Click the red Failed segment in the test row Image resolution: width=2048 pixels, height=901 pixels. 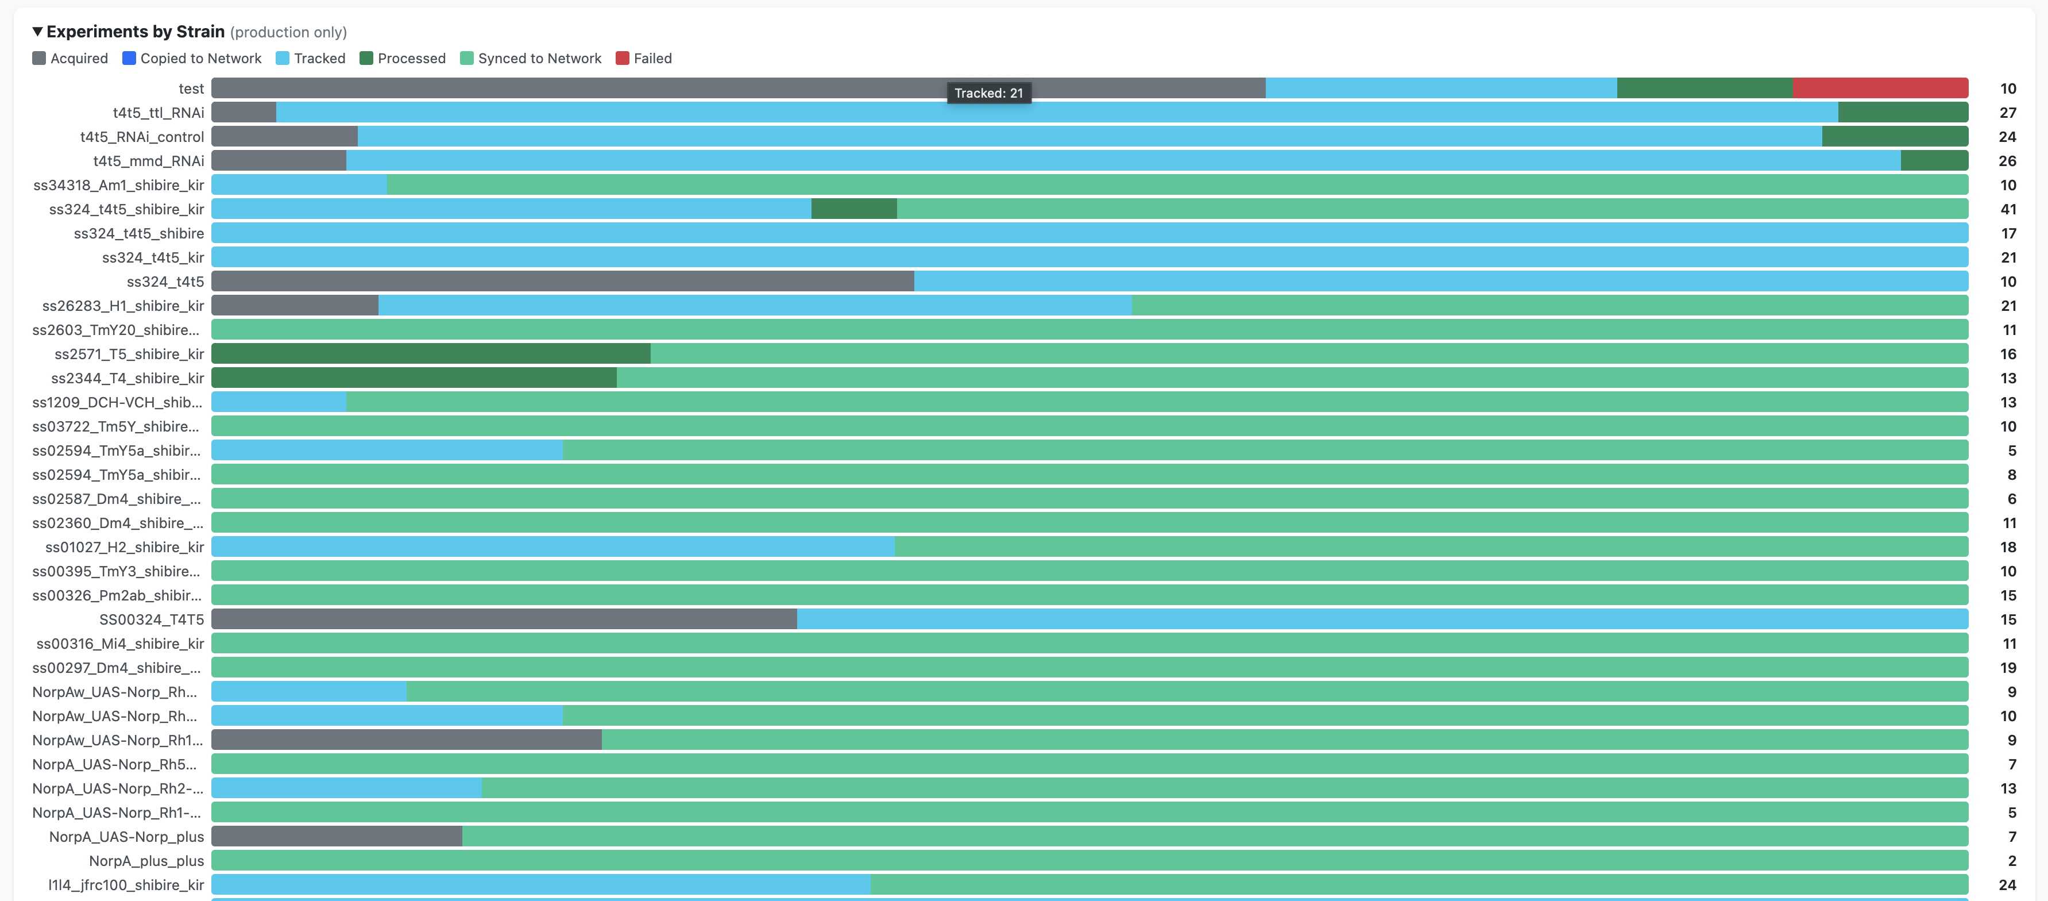pyautogui.click(x=1880, y=88)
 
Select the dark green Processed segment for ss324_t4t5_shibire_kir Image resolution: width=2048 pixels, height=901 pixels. pyautogui.click(x=854, y=209)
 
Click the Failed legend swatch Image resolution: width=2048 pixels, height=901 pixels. pyautogui.click(x=623, y=58)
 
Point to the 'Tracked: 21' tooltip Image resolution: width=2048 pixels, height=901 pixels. pyautogui.click(x=988, y=93)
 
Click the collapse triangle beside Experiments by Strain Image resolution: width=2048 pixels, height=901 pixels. pyautogui.click(x=37, y=32)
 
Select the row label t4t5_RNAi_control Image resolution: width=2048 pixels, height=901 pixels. pyautogui.click(x=142, y=137)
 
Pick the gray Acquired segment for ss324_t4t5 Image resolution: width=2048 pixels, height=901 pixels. pyautogui.click(x=562, y=282)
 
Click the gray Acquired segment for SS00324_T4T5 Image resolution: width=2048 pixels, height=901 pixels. pyautogui.click(x=504, y=619)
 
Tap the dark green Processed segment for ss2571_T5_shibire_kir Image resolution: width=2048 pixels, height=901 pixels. pyautogui.click(x=430, y=354)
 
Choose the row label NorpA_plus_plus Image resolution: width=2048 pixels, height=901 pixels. pyautogui.click(x=146, y=860)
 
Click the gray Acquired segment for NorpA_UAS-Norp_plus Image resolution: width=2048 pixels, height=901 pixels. pyautogui.click(x=337, y=837)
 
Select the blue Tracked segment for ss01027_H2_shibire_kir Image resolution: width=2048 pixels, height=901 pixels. pyautogui.click(x=552, y=547)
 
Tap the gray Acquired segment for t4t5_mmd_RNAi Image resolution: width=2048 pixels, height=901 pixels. pyautogui.click(x=279, y=161)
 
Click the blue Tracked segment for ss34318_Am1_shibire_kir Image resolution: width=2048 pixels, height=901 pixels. pyautogui.click(x=299, y=185)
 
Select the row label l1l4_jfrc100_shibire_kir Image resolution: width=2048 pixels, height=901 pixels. pyautogui.click(x=126, y=885)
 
